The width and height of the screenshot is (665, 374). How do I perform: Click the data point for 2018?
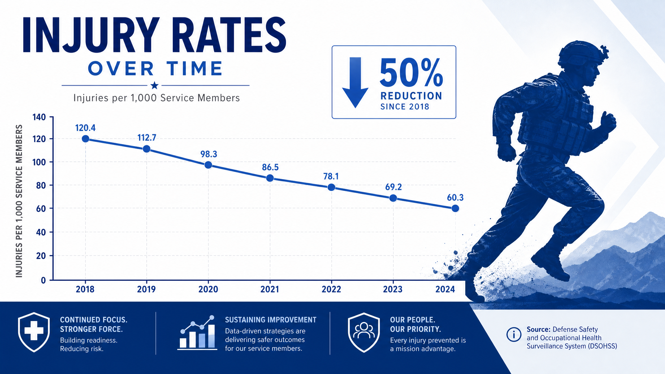pos(85,139)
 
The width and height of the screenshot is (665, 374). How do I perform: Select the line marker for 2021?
pos(270,178)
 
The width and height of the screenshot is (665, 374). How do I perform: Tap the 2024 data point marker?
pos(455,208)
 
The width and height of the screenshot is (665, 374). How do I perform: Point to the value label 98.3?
pos(209,154)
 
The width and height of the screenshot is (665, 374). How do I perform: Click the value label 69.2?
pos(394,187)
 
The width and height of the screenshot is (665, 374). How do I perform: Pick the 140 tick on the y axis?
pos(39,117)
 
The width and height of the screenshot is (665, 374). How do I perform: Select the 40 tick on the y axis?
pos(41,232)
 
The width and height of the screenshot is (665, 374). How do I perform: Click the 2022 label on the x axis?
pos(332,289)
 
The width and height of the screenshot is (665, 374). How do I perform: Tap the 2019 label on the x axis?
pos(146,289)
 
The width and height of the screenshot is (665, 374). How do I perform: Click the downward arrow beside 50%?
pos(356,82)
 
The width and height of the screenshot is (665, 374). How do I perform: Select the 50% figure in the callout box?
pos(411,73)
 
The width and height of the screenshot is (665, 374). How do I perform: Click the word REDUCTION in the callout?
pos(411,96)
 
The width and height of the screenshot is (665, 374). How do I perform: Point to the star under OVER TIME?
pos(155,86)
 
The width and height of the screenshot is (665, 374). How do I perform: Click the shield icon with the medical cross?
pos(34,332)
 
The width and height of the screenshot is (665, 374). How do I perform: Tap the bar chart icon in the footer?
pos(197,333)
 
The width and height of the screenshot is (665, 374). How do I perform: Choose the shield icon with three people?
pos(364,332)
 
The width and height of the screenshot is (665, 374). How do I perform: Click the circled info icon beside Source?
pos(514,334)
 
